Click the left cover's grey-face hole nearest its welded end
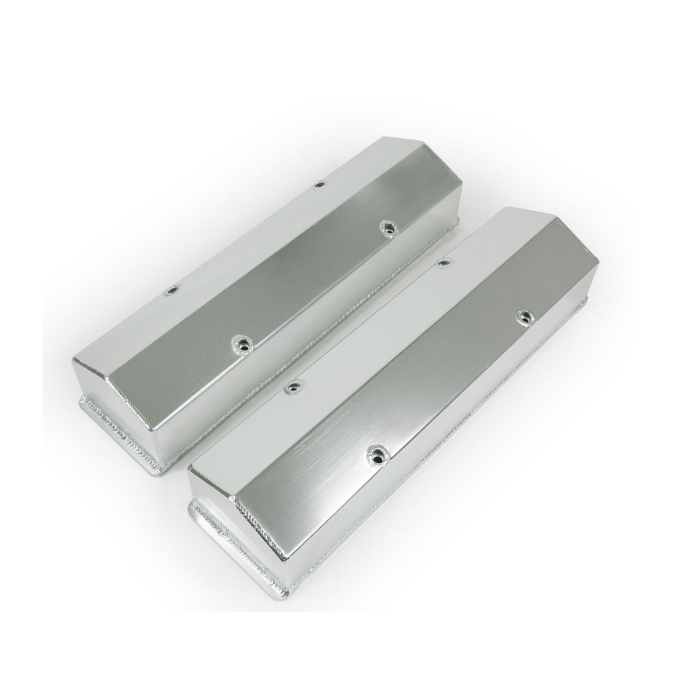pos(239,342)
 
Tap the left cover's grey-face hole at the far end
pos(386,227)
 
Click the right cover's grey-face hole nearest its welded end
pos(376,451)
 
